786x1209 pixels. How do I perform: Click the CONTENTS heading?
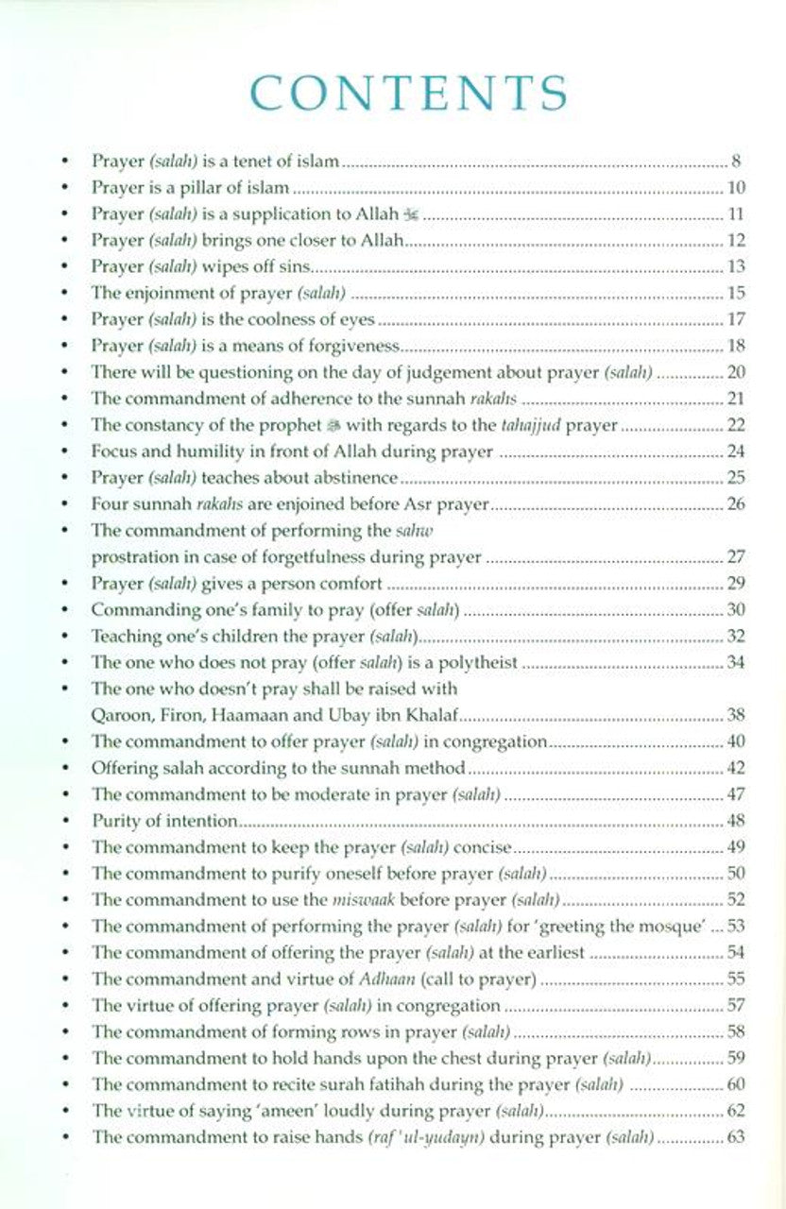tap(410, 92)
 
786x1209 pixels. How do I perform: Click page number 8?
tap(740, 162)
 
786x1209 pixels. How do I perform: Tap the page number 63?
tap(736, 1136)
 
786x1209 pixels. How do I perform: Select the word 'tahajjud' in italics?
tap(515, 426)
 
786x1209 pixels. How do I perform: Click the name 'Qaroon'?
tap(119, 715)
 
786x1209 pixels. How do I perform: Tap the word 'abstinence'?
tap(350, 479)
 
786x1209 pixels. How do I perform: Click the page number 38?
tap(736, 715)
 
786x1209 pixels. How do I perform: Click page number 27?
tap(736, 557)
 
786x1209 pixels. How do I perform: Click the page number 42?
tap(736, 768)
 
